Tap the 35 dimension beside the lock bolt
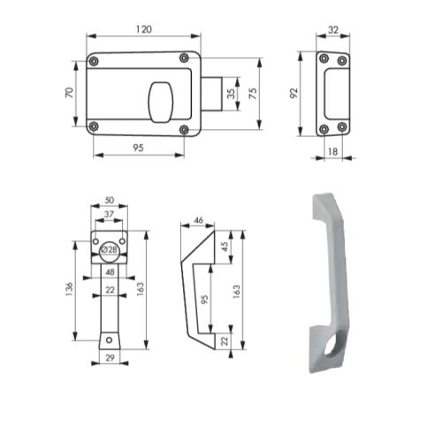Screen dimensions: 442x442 tap(231, 93)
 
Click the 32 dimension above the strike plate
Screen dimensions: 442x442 tap(334, 29)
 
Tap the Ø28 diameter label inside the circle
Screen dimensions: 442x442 tap(108, 250)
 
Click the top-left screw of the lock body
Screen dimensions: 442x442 tap(95, 59)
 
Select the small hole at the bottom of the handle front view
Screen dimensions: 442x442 tap(108, 339)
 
